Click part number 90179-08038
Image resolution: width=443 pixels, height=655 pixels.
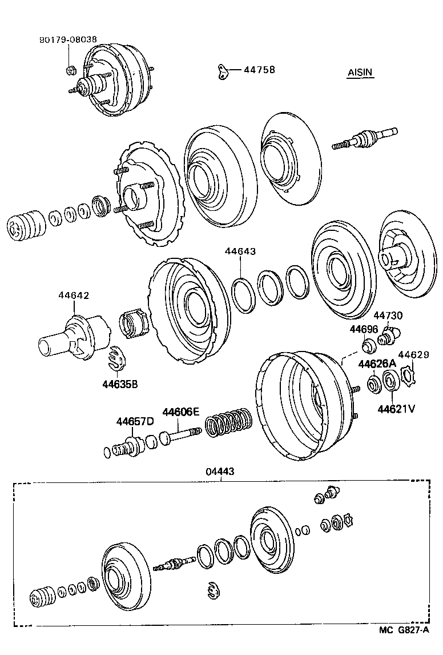click(x=68, y=40)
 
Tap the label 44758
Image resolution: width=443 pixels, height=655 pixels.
click(x=259, y=70)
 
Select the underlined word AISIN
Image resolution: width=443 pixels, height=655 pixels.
click(x=360, y=73)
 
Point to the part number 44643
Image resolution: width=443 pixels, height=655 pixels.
click(x=240, y=251)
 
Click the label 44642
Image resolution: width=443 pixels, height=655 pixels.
click(x=74, y=295)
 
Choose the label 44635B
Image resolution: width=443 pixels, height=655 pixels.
click(x=120, y=384)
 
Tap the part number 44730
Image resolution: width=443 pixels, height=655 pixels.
click(x=388, y=315)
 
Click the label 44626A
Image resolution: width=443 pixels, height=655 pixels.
click(x=377, y=364)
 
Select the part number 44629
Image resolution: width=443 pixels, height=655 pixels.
click(x=413, y=355)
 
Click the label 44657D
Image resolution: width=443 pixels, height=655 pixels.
click(x=135, y=422)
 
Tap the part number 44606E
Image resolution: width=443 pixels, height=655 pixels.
click(x=180, y=412)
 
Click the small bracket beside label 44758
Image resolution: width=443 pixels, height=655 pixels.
click(x=221, y=71)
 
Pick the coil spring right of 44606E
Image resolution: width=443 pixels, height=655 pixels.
click(x=228, y=424)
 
